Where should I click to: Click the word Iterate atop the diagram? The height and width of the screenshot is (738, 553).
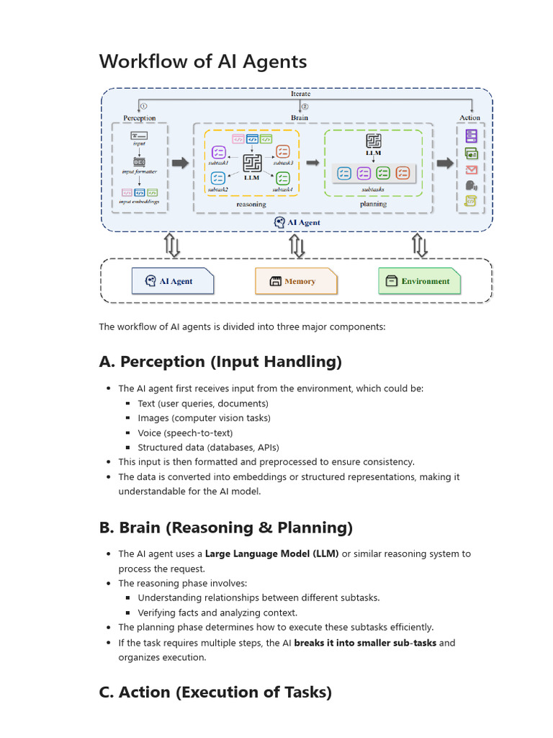(x=300, y=94)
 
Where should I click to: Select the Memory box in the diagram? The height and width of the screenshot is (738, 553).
(x=295, y=281)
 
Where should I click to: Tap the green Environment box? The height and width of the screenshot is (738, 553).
(x=419, y=281)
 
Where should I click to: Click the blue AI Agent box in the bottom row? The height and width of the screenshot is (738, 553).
(x=173, y=281)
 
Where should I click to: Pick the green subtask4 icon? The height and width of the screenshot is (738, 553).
(x=282, y=177)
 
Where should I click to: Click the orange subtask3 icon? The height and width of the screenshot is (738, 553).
(x=282, y=151)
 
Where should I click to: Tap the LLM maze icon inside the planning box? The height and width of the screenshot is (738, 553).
(x=373, y=141)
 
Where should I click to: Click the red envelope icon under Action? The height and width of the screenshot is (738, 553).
(x=471, y=170)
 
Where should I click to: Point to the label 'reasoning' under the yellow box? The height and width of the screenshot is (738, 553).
(x=251, y=204)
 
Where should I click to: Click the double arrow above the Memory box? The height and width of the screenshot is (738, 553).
(x=297, y=246)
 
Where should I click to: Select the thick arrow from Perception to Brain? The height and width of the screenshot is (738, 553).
(x=181, y=164)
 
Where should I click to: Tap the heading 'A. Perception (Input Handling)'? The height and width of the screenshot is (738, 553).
(x=220, y=362)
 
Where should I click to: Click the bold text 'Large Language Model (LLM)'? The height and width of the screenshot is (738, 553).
(x=271, y=554)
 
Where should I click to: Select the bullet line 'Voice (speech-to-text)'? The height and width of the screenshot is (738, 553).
(x=185, y=433)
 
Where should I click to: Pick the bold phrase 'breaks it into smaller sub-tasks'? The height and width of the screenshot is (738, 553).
(x=364, y=643)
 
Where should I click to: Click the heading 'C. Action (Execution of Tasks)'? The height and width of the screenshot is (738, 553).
(x=215, y=693)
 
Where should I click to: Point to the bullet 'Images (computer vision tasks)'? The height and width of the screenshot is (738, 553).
(x=204, y=418)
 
